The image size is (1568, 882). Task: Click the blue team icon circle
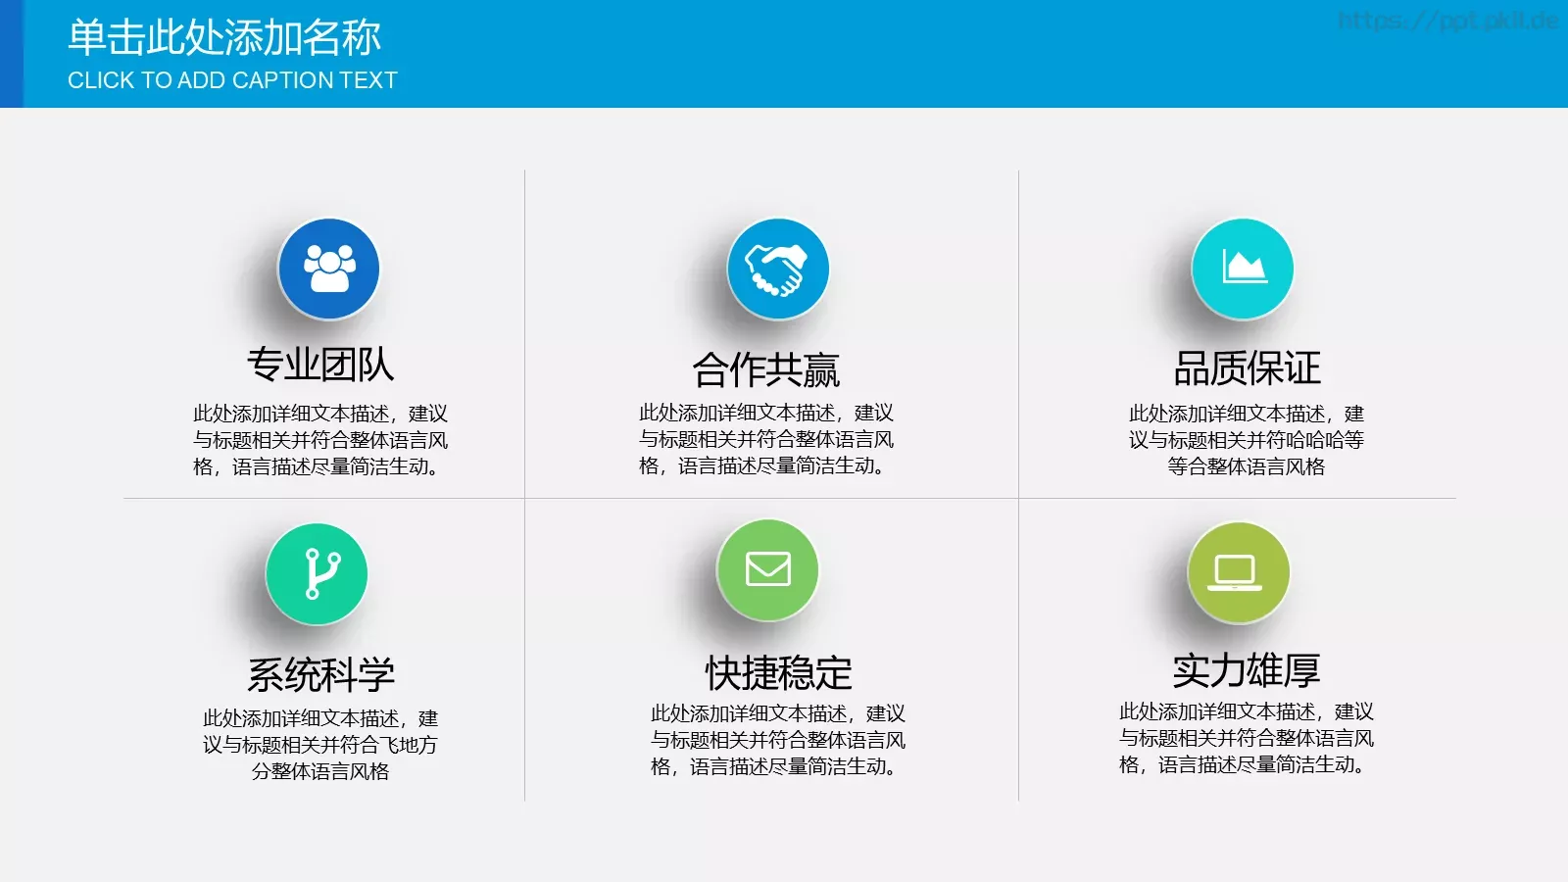[328, 269]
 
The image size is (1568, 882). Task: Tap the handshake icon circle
[777, 269]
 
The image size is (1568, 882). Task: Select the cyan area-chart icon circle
[1242, 269]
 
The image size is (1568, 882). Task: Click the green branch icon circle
[317, 573]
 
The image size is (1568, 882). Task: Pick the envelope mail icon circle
[767, 569]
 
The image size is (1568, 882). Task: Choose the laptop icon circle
[1238, 571]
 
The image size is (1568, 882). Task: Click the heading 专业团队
[320, 365]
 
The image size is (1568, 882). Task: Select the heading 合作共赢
[766, 369]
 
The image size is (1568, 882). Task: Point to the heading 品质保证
[1247, 368]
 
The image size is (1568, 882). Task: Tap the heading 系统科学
[320, 674]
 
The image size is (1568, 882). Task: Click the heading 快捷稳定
[779, 672]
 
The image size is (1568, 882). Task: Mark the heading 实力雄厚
[1246, 670]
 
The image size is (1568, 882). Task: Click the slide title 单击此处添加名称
[224, 37]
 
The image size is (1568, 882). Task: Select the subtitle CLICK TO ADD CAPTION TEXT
[232, 80]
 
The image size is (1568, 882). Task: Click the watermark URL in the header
[1446, 21]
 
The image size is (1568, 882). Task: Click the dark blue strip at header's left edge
[11, 54]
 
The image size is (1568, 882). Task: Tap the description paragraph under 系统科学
[320, 745]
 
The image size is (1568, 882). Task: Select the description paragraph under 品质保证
[1246, 440]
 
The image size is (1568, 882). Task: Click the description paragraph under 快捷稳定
[778, 740]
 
